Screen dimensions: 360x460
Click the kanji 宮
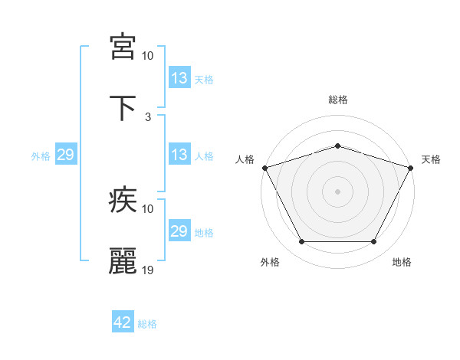123,47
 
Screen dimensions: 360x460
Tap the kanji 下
123,108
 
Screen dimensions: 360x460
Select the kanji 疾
123,200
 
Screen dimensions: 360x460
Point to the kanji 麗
123,261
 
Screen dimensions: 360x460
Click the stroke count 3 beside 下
148,117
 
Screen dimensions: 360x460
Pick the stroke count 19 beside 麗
148,270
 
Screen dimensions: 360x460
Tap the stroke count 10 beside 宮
148,56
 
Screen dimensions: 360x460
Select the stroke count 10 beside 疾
148,209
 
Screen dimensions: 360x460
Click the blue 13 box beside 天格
179,78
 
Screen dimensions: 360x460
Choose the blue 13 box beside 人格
179,155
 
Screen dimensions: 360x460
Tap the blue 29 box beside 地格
179,231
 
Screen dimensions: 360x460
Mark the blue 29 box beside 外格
65,155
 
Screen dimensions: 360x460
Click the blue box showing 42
123,322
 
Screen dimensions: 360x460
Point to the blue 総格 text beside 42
147,324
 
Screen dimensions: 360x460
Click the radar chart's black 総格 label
337,100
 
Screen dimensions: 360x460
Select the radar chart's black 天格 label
431,159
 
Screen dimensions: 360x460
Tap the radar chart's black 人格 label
245,159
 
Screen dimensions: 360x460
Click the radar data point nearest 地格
374,242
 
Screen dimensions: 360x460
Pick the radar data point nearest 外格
301,242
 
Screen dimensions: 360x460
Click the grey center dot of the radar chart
337,191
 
